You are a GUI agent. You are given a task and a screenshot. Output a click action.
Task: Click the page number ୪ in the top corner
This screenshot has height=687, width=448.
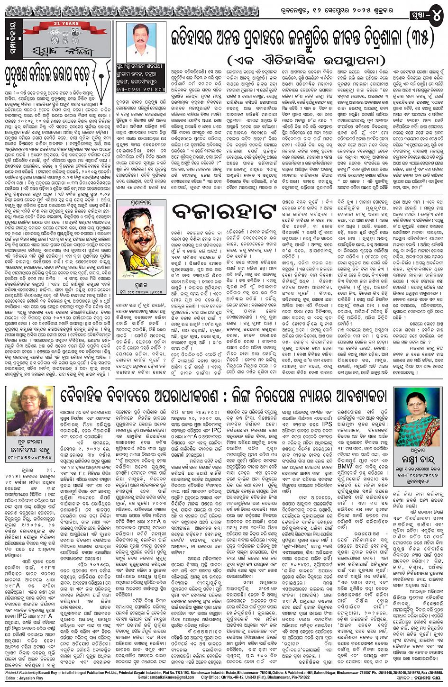(x=436, y=16)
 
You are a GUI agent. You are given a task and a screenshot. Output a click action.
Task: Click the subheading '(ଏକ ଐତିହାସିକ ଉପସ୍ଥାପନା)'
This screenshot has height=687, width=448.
(x=294, y=61)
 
